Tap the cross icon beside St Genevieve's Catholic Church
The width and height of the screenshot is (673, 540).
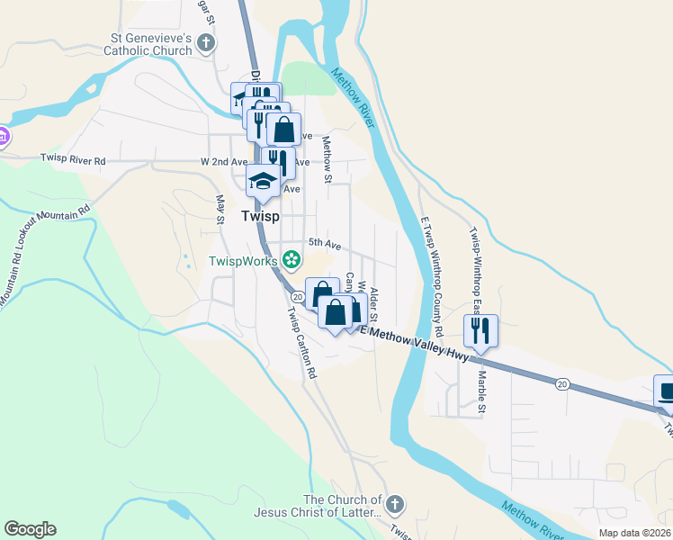206,41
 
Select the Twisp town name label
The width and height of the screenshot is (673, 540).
260,217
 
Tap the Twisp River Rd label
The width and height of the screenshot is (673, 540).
73,160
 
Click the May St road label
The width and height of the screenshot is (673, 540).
220,208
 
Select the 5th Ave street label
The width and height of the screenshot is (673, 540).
325,243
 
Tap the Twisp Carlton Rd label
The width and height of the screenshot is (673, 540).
302,343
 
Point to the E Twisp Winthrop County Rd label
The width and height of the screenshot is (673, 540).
431,269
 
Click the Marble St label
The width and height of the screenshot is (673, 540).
481,392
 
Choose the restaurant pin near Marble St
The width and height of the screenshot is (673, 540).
480,331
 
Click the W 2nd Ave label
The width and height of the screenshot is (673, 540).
223,162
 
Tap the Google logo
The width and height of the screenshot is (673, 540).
30,529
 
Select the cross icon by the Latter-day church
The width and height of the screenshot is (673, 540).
396,505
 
